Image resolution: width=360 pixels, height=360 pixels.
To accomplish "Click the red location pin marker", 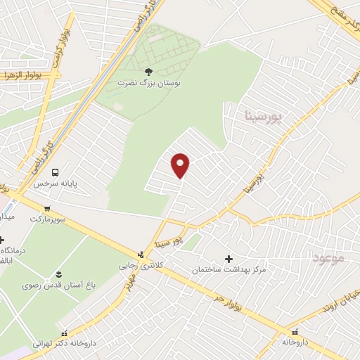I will (x=181, y=165).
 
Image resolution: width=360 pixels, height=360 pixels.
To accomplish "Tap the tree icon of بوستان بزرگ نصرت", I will (x=148, y=72).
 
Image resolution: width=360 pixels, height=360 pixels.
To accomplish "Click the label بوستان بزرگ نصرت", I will (x=148, y=83).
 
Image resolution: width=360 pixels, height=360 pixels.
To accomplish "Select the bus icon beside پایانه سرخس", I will (x=56, y=172).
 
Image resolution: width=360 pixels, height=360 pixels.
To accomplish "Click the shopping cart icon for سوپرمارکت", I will (x=47, y=208).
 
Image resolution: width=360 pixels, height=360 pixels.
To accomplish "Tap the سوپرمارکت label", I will (x=48, y=219).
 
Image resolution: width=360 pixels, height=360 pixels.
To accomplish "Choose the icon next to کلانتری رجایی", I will (x=141, y=255).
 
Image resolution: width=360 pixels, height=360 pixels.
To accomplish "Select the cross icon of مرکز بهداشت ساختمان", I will (x=228, y=259).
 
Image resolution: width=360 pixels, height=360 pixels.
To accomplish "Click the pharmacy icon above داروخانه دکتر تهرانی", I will (x=65, y=334).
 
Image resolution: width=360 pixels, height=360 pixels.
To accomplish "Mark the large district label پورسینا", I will (x=262, y=115).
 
